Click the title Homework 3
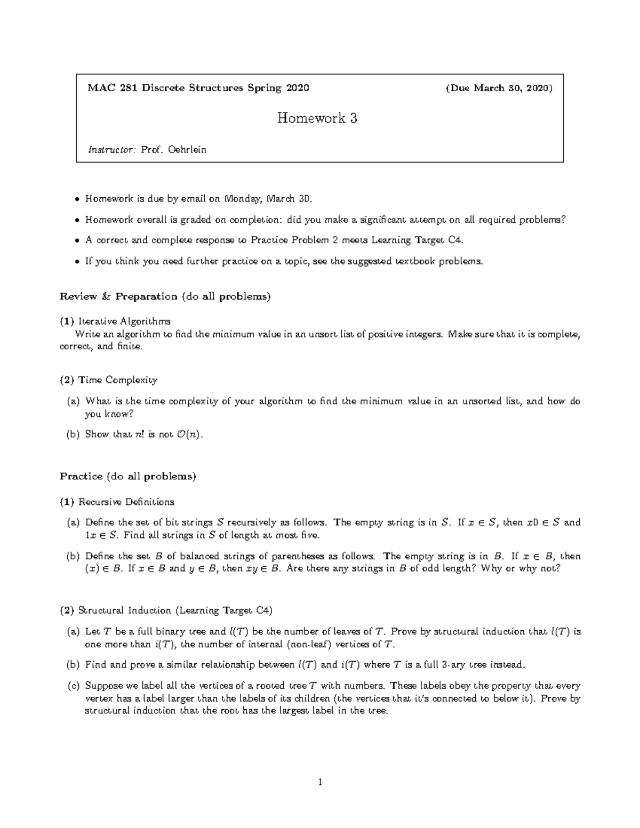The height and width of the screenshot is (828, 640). coord(317,118)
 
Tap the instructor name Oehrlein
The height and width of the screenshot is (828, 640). coord(187,150)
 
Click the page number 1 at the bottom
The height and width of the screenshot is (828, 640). coord(320,782)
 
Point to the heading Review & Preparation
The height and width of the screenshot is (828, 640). coord(118,296)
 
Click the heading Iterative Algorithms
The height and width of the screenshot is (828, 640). coord(124,321)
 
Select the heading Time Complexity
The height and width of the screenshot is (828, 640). coord(118,380)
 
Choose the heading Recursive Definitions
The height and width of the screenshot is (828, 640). coord(126,502)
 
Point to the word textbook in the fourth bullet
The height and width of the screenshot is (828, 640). coord(414,261)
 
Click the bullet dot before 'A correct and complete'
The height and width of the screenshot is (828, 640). coord(78,240)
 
